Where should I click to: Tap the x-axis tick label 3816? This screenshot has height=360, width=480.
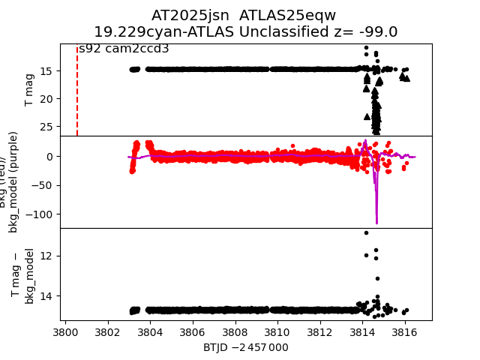[x=405, y=331]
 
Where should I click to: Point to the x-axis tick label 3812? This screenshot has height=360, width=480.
[x=320, y=331]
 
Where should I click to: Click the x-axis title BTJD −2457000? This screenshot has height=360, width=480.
[x=245, y=347]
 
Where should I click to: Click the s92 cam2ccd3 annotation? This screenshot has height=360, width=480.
[x=124, y=49]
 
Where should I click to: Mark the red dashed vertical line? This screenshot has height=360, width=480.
[x=77, y=90]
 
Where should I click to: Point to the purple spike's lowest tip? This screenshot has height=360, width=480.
[x=376, y=223]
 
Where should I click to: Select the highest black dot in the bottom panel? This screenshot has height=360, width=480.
[x=366, y=232]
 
